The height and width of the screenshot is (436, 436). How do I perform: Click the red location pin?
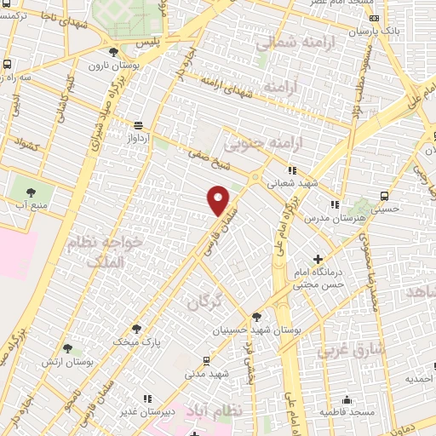coord(219,199)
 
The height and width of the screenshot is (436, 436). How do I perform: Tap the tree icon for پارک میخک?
coord(136,328)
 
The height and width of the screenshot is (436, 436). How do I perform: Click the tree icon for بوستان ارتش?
coord(67,347)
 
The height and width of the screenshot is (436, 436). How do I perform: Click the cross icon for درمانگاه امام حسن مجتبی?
coord(318,258)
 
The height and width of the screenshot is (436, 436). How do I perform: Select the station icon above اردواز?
coord(138,124)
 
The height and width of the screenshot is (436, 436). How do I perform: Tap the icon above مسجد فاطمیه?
coord(347,399)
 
